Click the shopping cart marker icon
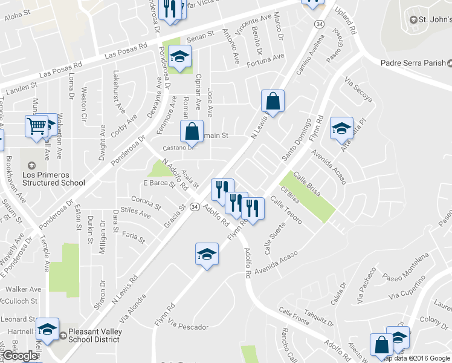click(x=37, y=126)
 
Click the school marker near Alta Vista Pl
click(x=341, y=128)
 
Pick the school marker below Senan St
click(x=179, y=58)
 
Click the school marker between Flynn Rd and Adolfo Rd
click(x=207, y=255)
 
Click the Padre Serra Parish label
click(x=413, y=63)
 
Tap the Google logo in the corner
click(x=21, y=356)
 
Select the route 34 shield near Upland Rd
click(x=318, y=23)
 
